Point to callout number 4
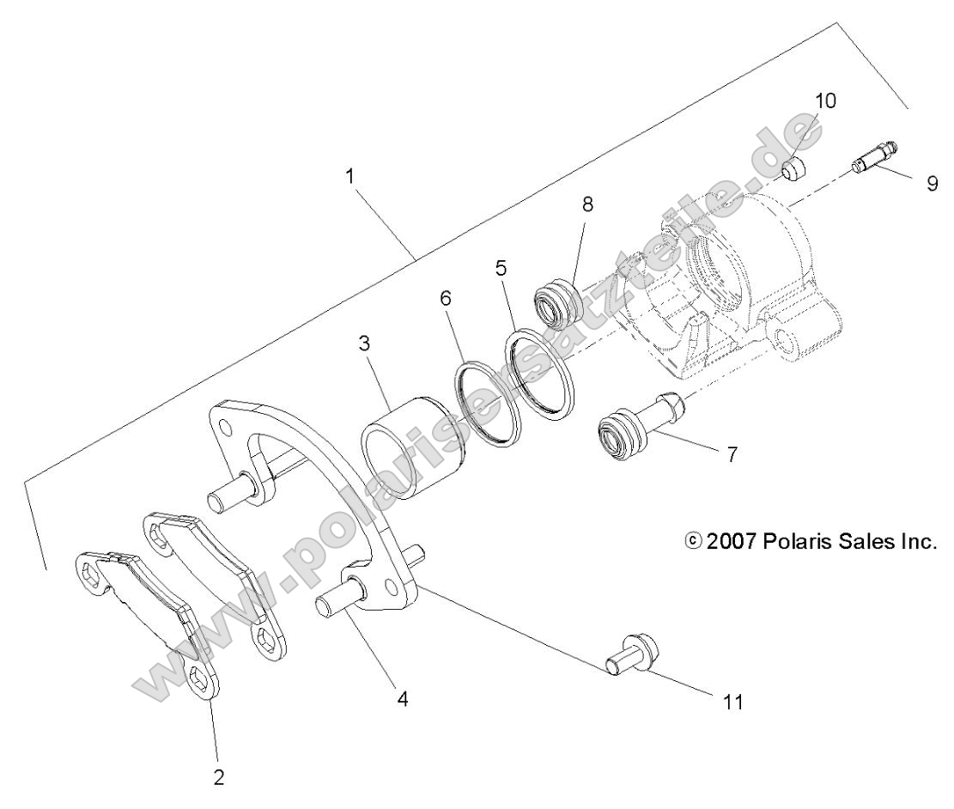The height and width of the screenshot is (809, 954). pyautogui.click(x=403, y=698)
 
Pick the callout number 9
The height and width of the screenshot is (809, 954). pyautogui.click(x=932, y=183)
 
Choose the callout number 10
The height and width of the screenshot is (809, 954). pyautogui.click(x=823, y=100)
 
